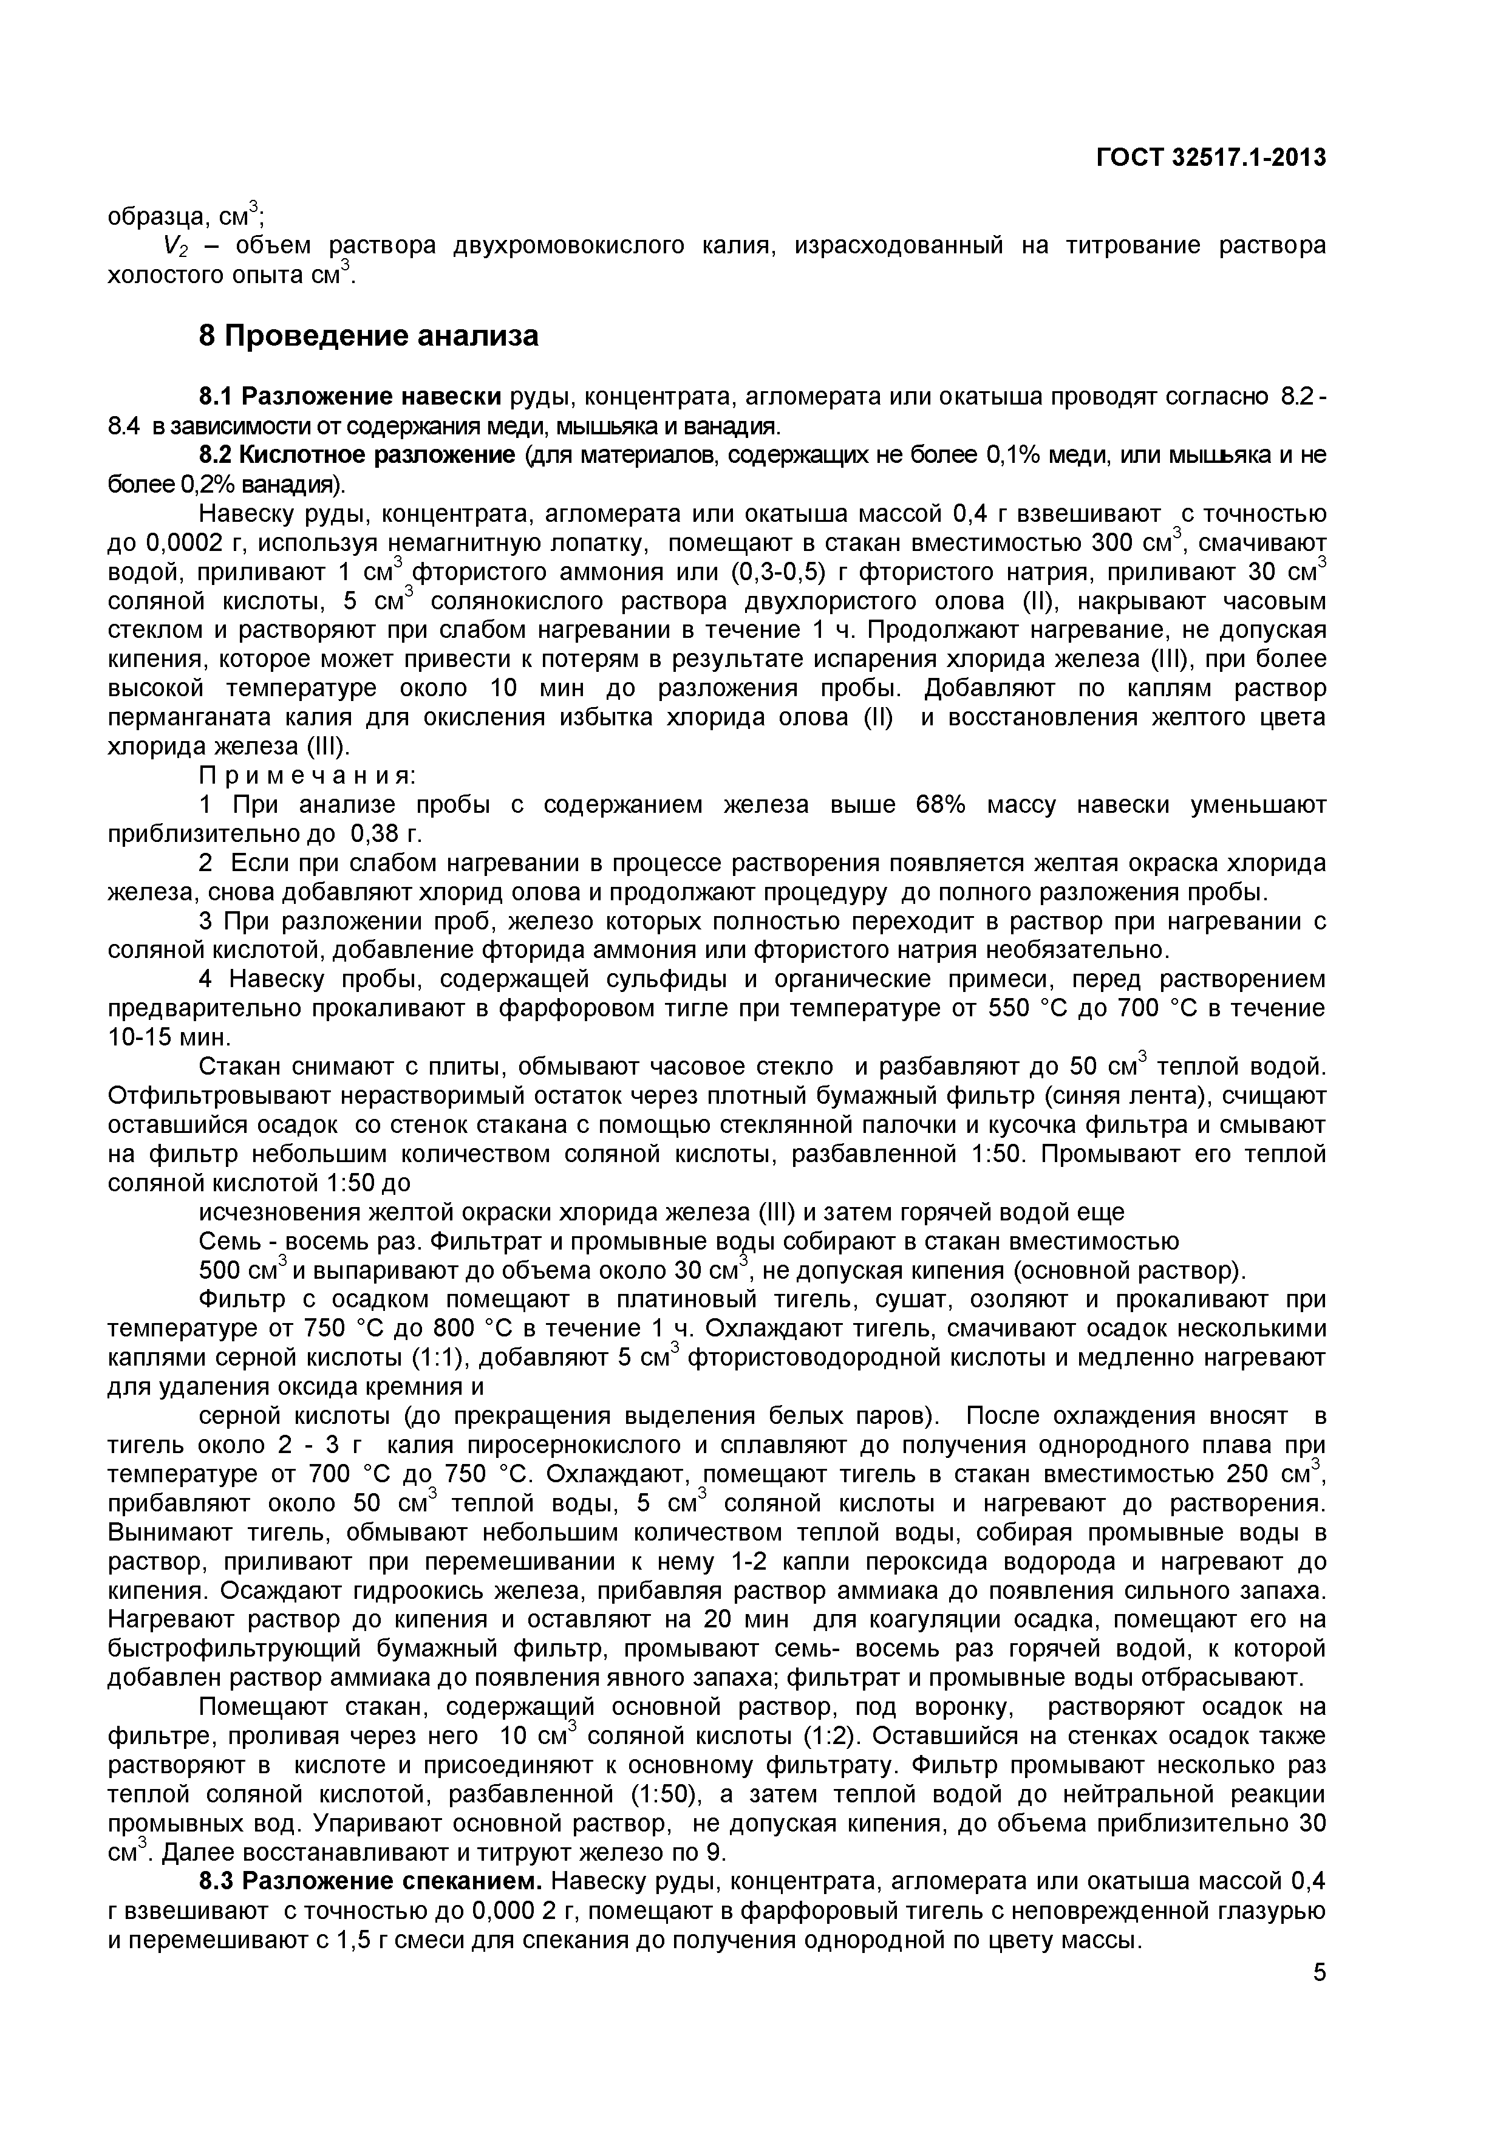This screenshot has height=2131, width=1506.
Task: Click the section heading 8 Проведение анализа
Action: [369, 335]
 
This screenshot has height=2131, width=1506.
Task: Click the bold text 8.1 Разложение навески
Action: [352, 397]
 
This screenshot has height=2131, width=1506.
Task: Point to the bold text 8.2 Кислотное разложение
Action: [357, 456]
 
